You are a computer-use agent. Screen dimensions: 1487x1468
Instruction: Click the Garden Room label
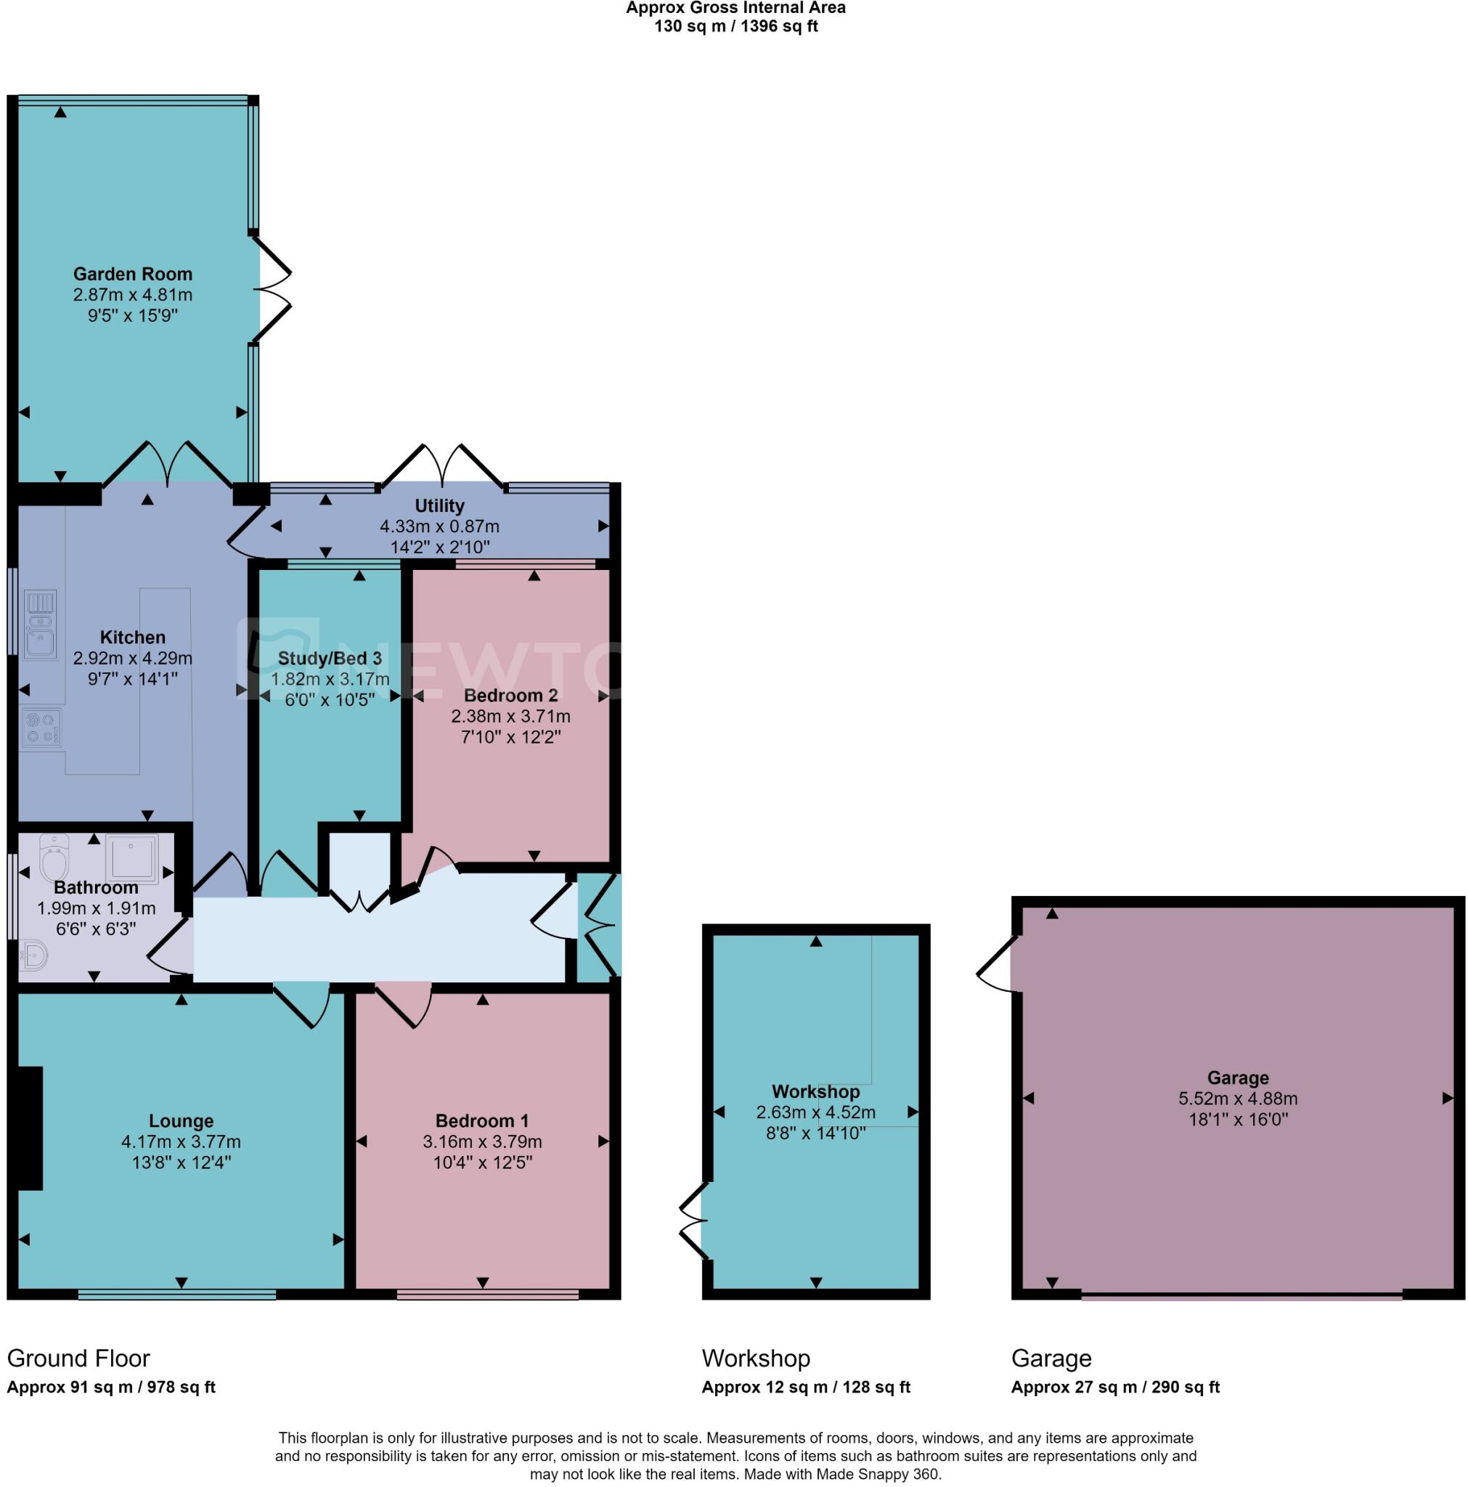tap(132, 274)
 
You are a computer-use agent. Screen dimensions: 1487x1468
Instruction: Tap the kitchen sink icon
tap(39, 624)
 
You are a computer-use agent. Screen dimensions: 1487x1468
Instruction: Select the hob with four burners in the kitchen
tap(41, 728)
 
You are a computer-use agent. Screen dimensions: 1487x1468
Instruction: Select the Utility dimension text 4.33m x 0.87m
tap(439, 527)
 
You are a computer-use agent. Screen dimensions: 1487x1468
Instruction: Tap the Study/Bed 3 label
tap(330, 659)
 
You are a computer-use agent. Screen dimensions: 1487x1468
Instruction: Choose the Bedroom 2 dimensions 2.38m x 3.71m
tap(510, 717)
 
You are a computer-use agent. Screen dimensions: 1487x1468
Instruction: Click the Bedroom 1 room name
tap(482, 1120)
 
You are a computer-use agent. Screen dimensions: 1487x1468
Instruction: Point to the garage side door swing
tap(998, 963)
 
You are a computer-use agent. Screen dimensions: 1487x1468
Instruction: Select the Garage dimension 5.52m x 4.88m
tap(1237, 1099)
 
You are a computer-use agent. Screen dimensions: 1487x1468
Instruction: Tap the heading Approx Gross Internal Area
tap(735, 9)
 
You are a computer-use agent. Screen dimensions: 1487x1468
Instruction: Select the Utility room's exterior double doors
tap(442, 465)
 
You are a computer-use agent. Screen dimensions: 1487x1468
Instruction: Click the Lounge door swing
tap(302, 1004)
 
